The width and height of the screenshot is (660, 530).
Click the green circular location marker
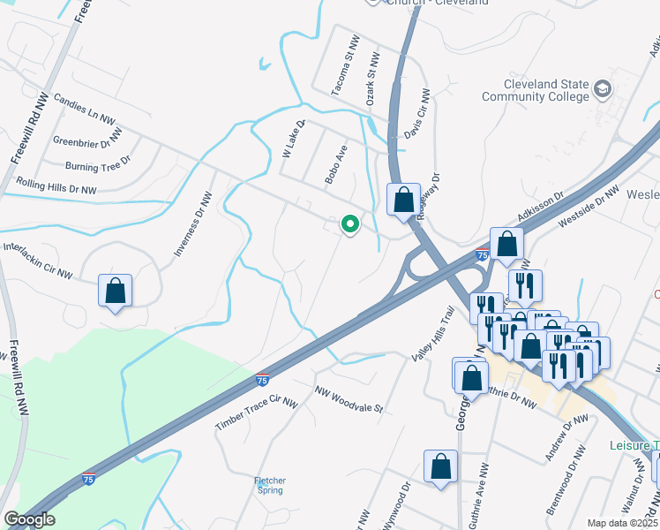350,225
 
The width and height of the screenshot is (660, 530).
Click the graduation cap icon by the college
603,88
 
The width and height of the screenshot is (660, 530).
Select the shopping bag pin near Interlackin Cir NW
115,291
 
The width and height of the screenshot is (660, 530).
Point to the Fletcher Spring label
270,485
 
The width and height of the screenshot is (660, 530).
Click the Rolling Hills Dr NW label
56,185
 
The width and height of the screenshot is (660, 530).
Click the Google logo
29,519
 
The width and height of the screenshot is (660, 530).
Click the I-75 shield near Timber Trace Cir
262,380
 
